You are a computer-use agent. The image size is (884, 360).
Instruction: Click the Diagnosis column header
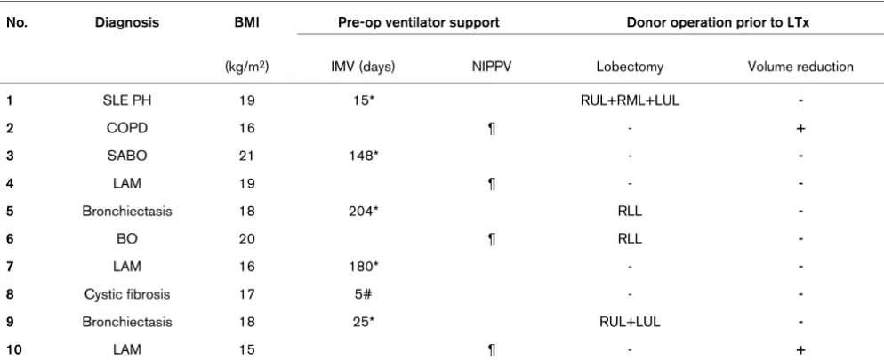[127, 22]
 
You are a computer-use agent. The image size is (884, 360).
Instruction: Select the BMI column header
[246, 22]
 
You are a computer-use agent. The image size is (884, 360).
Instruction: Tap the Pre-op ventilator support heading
[418, 22]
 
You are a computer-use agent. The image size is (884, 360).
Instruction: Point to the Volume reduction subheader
[800, 67]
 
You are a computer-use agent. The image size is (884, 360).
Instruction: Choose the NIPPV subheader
[491, 67]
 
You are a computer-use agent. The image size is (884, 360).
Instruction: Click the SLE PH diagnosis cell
[127, 100]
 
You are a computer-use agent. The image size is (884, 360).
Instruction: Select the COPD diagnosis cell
[127, 129]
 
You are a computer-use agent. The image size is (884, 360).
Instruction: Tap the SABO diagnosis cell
[127, 156]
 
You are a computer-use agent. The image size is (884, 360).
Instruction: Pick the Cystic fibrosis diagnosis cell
[127, 294]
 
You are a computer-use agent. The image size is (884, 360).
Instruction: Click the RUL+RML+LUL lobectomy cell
[630, 100]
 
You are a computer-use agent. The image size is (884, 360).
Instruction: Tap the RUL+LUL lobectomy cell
[630, 323]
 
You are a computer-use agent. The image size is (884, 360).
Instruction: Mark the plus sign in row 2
[800, 129]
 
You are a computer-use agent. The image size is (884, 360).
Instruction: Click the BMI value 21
[246, 156]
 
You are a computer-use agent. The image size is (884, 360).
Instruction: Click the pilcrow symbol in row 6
[491, 239]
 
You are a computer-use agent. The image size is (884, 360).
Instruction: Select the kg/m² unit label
[246, 67]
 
